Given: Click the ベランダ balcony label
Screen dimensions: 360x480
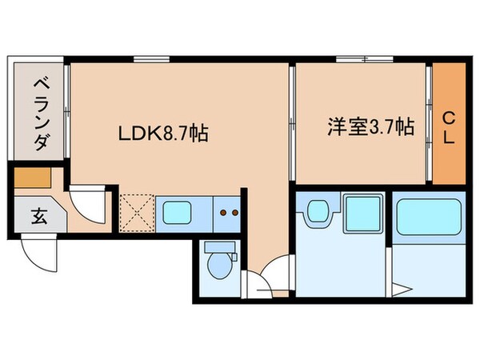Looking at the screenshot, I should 38,114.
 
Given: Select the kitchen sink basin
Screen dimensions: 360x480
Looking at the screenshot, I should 177,212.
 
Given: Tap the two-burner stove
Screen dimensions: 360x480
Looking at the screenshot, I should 230,213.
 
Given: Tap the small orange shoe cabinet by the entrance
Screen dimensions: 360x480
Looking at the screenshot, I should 31,177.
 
